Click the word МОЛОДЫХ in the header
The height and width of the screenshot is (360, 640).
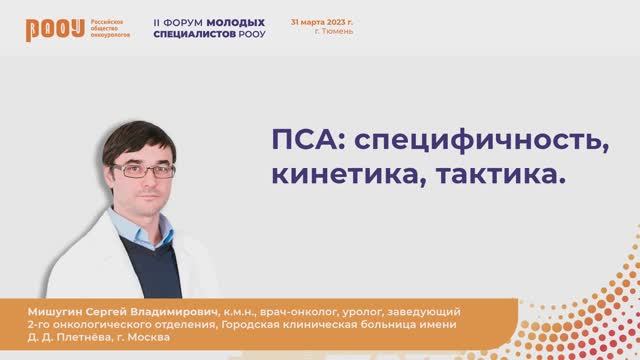[x=238, y=21]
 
